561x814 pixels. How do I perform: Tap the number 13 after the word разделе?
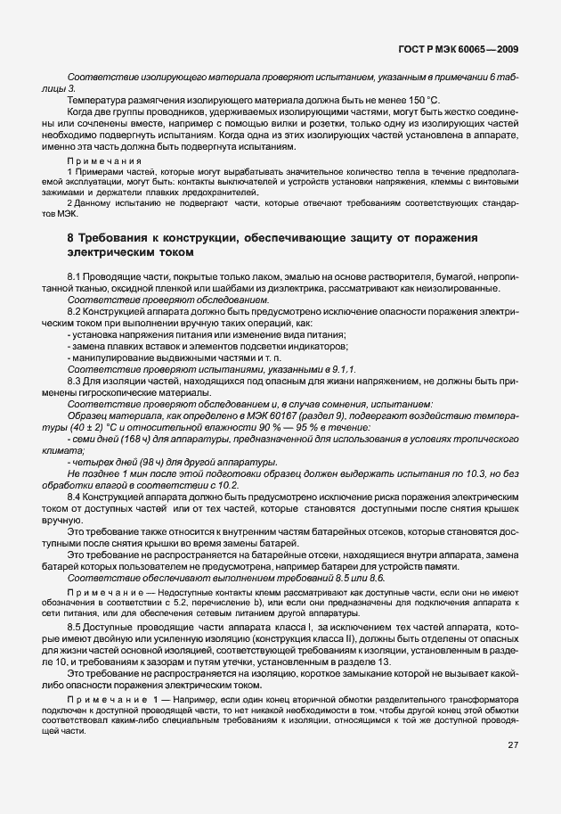(x=383, y=662)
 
